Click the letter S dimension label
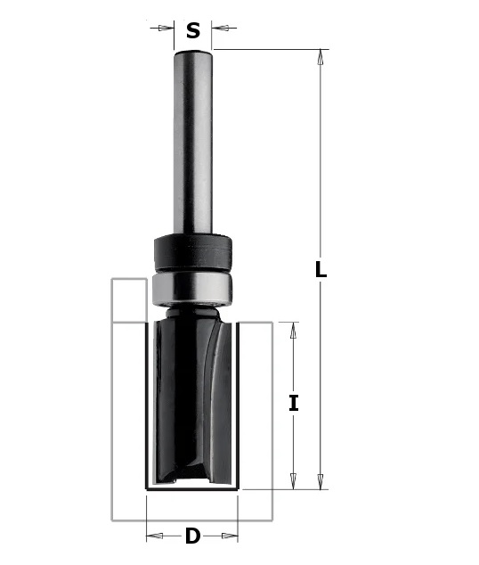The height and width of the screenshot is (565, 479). (193, 31)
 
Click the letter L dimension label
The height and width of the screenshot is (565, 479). (321, 270)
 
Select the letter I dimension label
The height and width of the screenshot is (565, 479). (294, 403)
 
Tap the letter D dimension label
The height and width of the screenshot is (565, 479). (192, 536)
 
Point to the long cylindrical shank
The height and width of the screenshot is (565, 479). (193, 143)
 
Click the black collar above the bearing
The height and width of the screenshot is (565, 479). (193, 251)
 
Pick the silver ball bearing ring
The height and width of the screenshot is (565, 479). (193, 287)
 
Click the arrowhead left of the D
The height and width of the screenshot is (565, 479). (152, 536)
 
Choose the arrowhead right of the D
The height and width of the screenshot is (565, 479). (233, 536)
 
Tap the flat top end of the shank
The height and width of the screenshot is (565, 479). (193, 51)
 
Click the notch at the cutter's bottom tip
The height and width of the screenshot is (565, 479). (192, 482)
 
